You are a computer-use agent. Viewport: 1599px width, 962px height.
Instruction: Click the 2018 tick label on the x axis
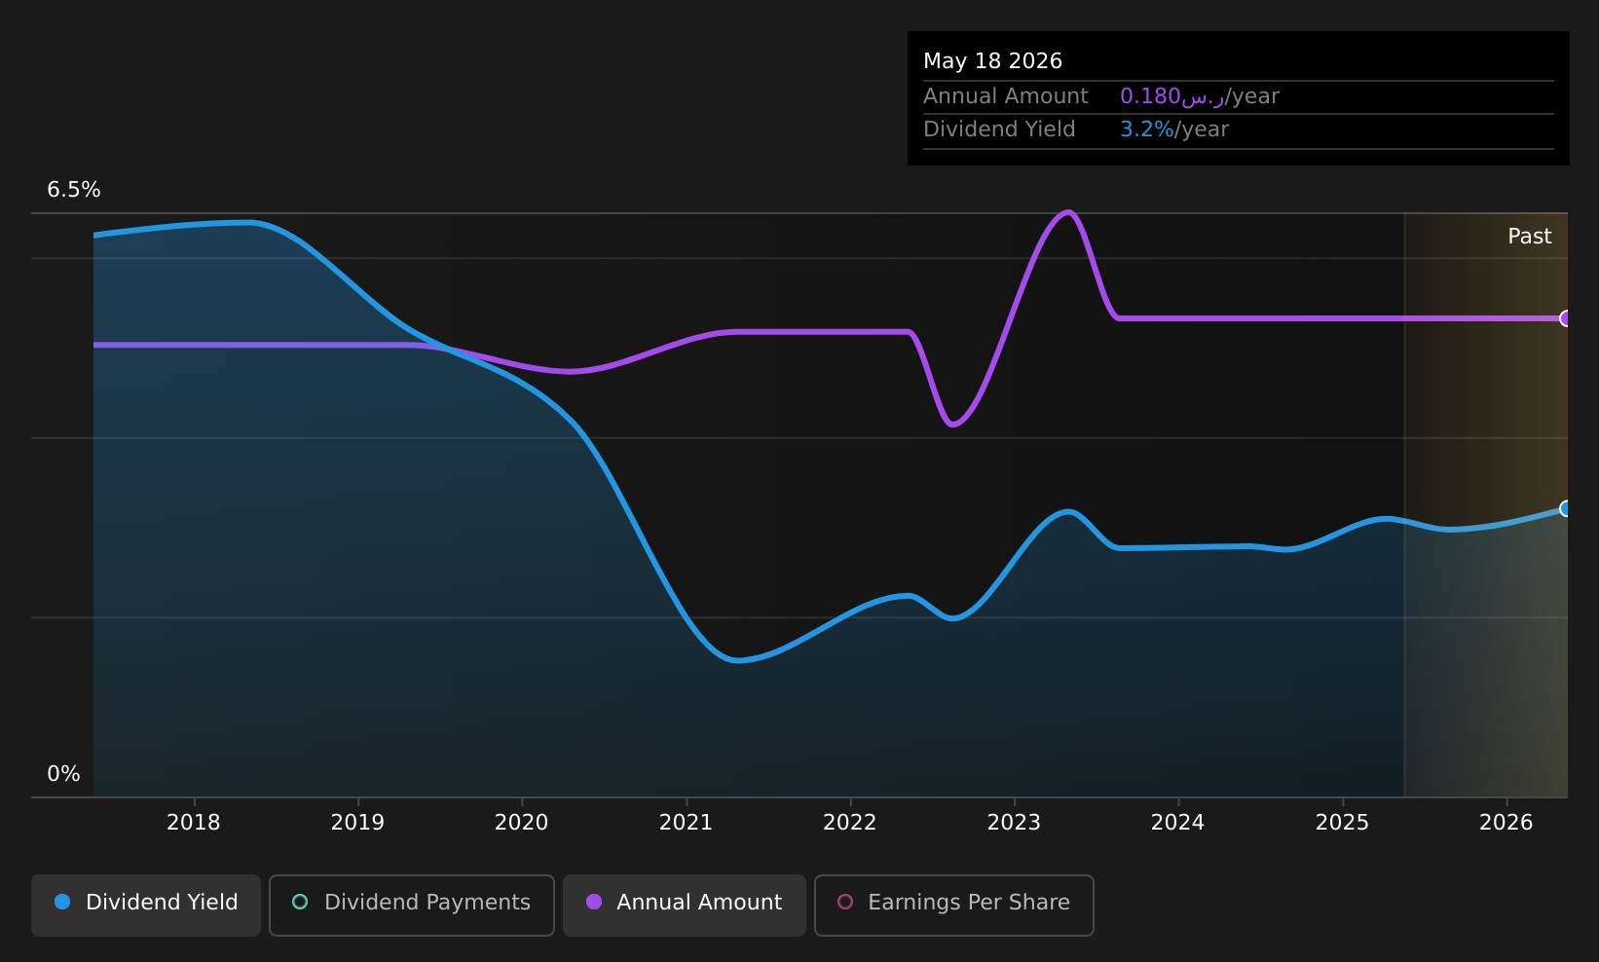tap(194, 823)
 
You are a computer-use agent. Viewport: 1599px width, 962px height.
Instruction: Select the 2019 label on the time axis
tap(357, 823)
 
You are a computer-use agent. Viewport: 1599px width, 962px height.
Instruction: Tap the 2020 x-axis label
tap(522, 823)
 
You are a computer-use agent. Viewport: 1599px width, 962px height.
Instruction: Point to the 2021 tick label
tap(686, 823)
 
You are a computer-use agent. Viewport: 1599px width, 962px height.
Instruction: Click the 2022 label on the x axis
tap(850, 823)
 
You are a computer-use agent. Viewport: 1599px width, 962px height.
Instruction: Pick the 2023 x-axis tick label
tap(1015, 823)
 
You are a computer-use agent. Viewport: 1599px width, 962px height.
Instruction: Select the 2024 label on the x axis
tap(1178, 823)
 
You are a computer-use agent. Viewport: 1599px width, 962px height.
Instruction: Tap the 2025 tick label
tap(1343, 823)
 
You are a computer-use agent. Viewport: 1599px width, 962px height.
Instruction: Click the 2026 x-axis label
tap(1506, 823)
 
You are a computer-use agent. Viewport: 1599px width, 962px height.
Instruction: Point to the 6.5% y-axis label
tap(74, 190)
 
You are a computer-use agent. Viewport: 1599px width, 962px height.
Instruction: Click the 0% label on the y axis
tap(63, 774)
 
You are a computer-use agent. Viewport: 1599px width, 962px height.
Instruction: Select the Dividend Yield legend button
tap(146, 905)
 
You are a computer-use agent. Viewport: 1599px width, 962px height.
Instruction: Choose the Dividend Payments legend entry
tap(412, 905)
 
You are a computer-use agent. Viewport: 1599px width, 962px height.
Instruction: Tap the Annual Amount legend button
tap(684, 905)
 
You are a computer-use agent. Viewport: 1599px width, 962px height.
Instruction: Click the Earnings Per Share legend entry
tap(953, 905)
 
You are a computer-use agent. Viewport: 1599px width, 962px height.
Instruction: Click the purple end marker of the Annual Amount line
tap(1566, 318)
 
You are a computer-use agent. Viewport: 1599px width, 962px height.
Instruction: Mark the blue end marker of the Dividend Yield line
tap(1566, 509)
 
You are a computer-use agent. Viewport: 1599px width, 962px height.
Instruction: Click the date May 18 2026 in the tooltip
tap(992, 61)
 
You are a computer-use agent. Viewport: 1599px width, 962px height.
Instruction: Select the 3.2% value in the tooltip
tap(1146, 129)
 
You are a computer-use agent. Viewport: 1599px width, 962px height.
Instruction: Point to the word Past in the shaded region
tap(1529, 237)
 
